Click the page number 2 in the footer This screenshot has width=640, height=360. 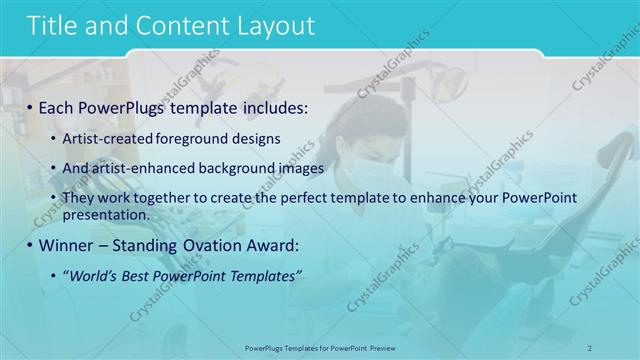tap(590, 346)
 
